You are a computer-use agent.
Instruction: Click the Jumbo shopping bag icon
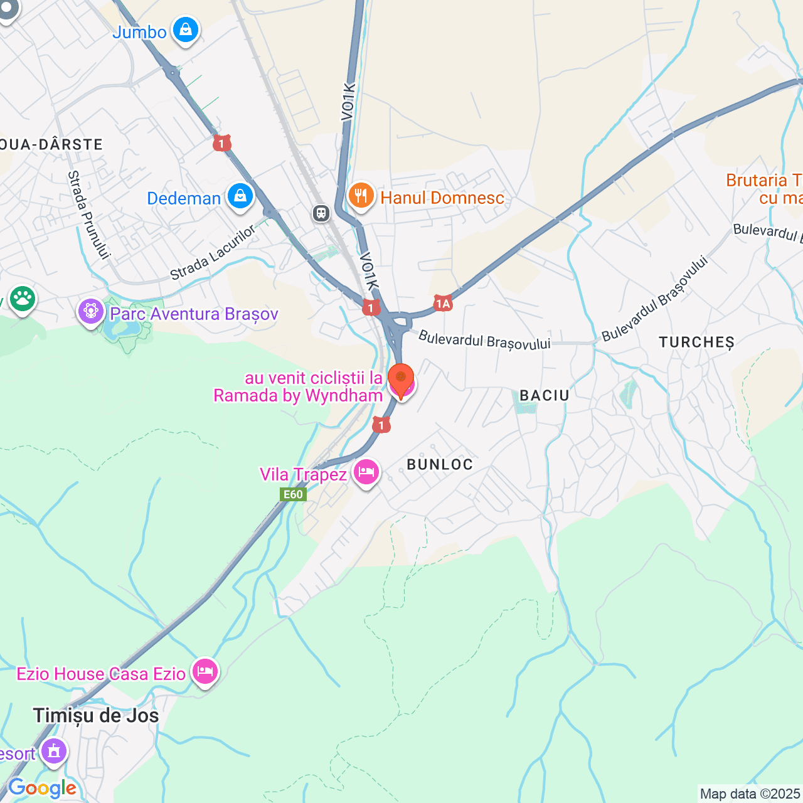[186, 29]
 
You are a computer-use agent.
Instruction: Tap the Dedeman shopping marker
[240, 196]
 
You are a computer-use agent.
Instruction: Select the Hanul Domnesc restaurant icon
[361, 196]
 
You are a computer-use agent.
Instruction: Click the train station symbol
[321, 213]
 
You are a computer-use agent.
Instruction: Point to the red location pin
[401, 379]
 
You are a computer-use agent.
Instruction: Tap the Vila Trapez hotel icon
[366, 472]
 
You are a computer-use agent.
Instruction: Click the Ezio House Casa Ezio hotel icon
[205, 672]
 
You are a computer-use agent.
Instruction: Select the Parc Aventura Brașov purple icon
[91, 311]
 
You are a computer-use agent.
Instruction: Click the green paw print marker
[23, 299]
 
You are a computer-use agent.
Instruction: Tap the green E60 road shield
[293, 494]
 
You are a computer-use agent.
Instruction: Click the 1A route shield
[443, 304]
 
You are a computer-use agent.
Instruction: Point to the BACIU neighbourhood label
[545, 395]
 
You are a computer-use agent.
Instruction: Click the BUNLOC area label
[440, 464]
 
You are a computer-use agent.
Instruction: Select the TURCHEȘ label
[696, 343]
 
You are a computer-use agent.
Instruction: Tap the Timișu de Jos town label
[96, 715]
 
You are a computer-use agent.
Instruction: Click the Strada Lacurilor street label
[213, 253]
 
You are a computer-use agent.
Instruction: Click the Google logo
[42, 789]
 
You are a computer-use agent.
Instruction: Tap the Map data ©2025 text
[750, 794]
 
